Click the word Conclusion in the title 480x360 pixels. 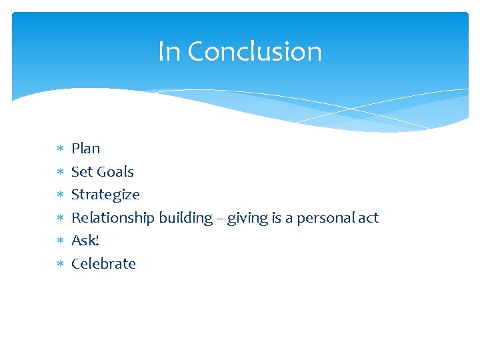click(255, 51)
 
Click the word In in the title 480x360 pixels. click(169, 51)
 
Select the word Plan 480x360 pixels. click(85, 149)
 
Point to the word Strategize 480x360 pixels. click(105, 195)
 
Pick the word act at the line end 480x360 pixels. click(367, 218)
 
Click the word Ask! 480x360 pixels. click(85, 241)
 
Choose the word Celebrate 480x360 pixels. click(103, 264)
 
